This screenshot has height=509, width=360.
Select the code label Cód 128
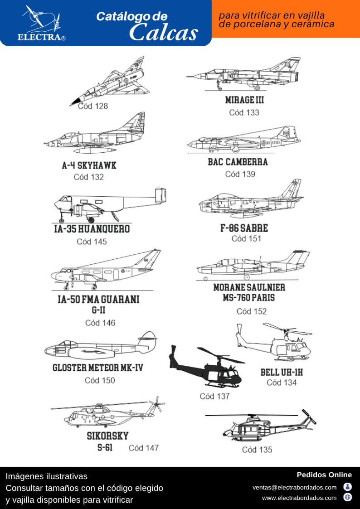pyautogui.click(x=93, y=107)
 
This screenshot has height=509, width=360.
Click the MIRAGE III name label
pyautogui.click(x=244, y=100)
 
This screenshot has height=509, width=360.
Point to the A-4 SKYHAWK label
pyautogui.click(x=89, y=165)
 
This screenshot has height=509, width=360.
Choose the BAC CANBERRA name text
pyautogui.click(x=238, y=162)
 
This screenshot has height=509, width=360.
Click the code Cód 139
pyautogui.click(x=240, y=174)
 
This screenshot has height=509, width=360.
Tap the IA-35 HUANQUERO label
pyautogui.click(x=92, y=229)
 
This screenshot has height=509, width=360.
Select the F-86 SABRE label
pyautogui.click(x=244, y=228)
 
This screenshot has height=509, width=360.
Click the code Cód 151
pyautogui.click(x=246, y=239)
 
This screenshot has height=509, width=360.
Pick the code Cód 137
pyautogui.click(x=214, y=396)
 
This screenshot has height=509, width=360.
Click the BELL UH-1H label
pyautogui.click(x=282, y=373)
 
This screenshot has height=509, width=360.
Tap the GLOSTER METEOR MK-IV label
pyautogui.click(x=97, y=368)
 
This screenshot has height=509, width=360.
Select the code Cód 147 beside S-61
pyautogui.click(x=144, y=448)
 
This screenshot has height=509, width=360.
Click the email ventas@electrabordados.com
pyautogui.click(x=294, y=488)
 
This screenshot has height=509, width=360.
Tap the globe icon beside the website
pyautogui.click(x=348, y=497)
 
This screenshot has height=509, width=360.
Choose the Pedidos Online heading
pyautogui.click(x=324, y=475)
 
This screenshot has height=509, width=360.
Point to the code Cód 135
pyautogui.click(x=257, y=450)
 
